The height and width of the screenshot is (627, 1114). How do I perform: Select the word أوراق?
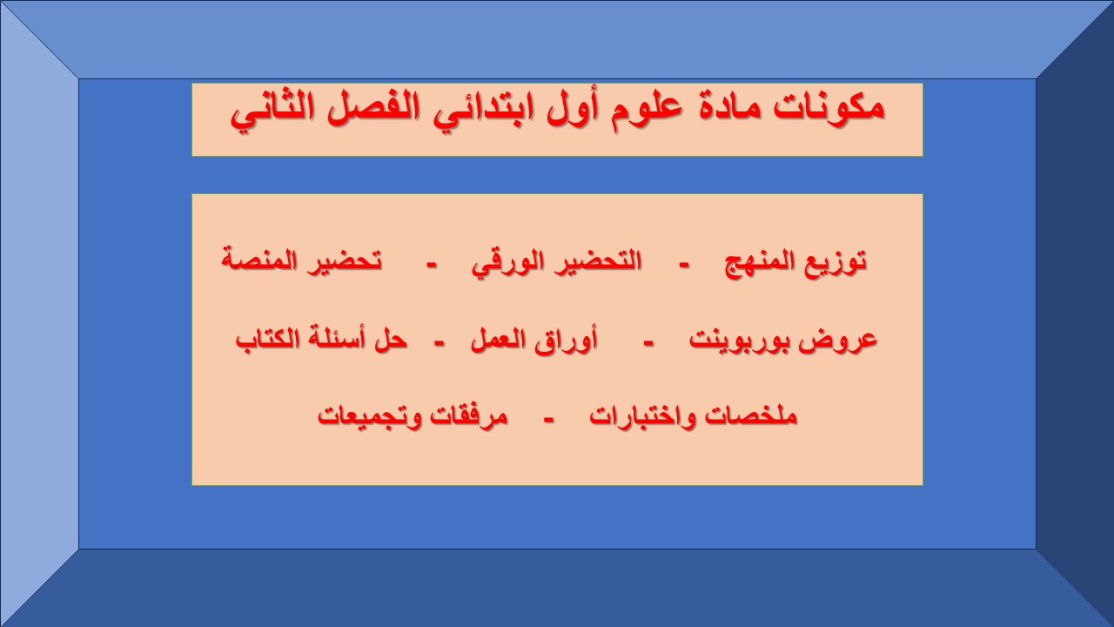pyautogui.click(x=567, y=340)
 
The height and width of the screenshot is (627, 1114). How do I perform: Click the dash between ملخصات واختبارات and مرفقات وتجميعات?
pyautogui.click(x=548, y=418)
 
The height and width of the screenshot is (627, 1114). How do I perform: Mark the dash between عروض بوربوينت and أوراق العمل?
pyautogui.click(x=648, y=341)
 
